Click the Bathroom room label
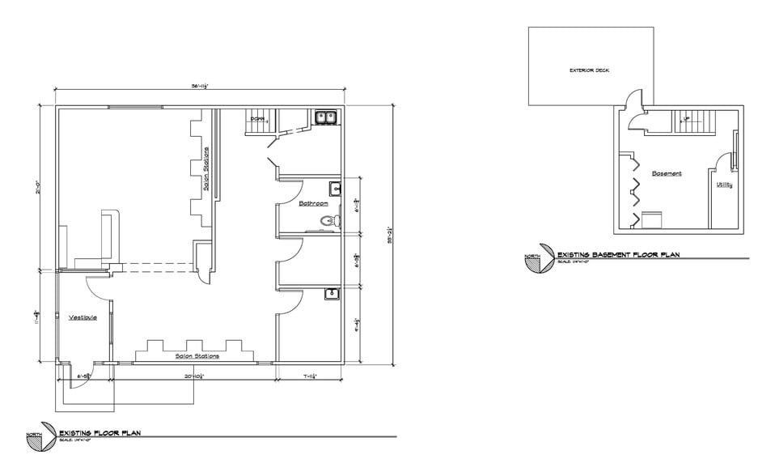311,203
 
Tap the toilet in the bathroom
328,219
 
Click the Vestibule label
83,317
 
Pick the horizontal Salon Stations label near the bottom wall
197,355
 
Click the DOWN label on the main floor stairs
257,120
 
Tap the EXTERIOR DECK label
589,70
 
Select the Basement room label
667,173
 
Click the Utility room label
724,185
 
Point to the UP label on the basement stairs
687,120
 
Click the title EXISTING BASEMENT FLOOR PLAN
618,255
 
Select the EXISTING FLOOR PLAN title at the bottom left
100,433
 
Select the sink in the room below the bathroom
332,294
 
